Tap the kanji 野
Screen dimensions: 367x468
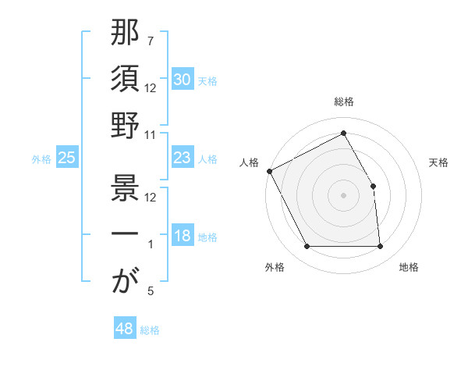pos(125,126)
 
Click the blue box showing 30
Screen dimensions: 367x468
pos(183,80)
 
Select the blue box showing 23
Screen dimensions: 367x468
pos(183,158)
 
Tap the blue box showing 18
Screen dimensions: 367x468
pos(183,236)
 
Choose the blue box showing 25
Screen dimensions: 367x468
pos(67,158)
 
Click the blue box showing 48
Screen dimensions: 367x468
pos(125,329)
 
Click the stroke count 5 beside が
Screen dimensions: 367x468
pos(151,292)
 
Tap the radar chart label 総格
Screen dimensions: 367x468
pos(343,102)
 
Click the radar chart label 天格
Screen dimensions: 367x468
pos(438,162)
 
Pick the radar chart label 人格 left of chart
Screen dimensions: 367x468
pos(250,162)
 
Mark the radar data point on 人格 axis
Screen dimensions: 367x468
pos(269,171)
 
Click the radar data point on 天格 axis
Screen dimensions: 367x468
pos(373,186)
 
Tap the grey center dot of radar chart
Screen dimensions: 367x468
pos(343,195)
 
